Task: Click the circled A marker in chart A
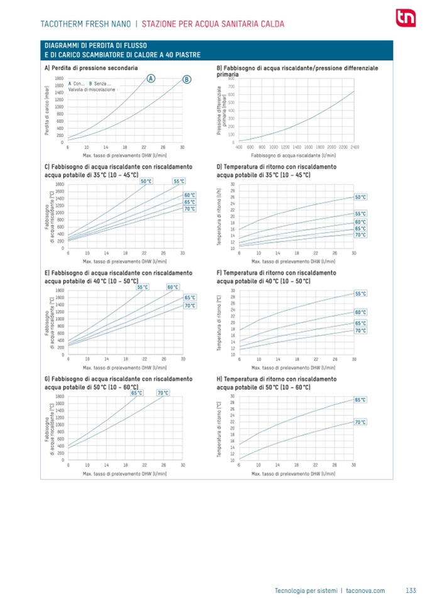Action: click(151, 78)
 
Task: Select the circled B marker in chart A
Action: click(187, 79)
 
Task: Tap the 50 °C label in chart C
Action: click(146, 181)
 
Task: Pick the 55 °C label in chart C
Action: click(178, 181)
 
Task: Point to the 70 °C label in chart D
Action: click(360, 235)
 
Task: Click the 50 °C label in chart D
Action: click(360, 197)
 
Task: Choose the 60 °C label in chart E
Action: click(173, 287)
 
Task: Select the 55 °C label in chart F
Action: click(360, 294)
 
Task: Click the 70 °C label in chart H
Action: click(360, 422)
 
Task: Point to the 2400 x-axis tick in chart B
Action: click(355, 146)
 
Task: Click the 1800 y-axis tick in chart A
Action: click(58, 77)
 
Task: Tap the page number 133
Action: click(411, 590)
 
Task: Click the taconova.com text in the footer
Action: click(365, 590)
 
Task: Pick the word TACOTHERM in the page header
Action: click(63, 25)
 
